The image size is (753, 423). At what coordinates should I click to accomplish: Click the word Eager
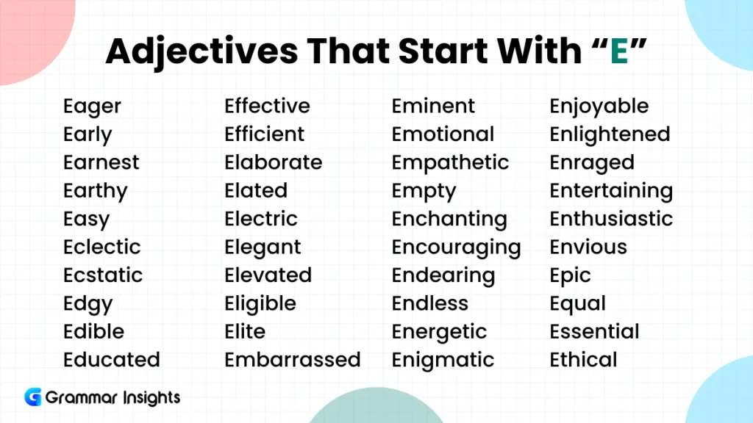click(92, 106)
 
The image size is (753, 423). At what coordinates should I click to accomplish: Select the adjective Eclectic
click(101, 247)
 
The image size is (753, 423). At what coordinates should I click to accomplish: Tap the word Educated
click(111, 360)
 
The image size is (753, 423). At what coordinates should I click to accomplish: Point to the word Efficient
click(264, 134)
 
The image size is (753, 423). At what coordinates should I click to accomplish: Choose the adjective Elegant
click(263, 247)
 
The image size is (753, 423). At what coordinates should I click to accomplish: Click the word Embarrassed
click(292, 360)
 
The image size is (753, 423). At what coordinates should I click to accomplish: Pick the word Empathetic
click(450, 162)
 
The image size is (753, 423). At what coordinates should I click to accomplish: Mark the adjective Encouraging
click(456, 247)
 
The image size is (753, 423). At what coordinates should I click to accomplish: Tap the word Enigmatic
click(443, 360)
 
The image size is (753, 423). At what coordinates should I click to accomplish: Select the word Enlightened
click(610, 134)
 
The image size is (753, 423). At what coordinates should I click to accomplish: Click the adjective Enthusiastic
click(611, 219)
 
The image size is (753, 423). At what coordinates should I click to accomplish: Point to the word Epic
click(570, 275)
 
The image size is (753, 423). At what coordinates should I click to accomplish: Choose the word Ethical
click(583, 360)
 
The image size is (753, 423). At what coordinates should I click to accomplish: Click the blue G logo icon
click(33, 397)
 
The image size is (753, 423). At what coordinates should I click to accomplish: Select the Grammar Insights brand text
click(113, 398)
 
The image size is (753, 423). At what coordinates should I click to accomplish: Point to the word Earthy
click(95, 191)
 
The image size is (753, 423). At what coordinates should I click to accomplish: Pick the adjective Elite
click(245, 331)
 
